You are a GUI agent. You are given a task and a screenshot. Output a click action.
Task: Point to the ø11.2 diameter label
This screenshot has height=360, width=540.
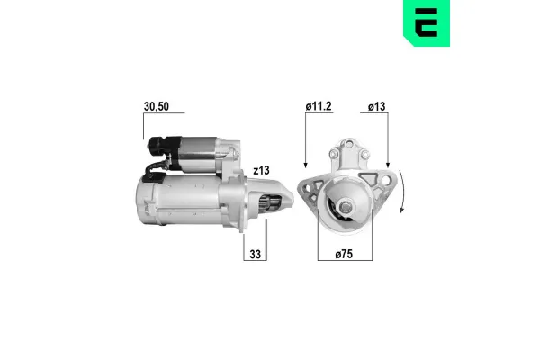319,105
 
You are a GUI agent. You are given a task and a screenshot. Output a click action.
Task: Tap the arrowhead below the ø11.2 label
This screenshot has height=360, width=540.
306,165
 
